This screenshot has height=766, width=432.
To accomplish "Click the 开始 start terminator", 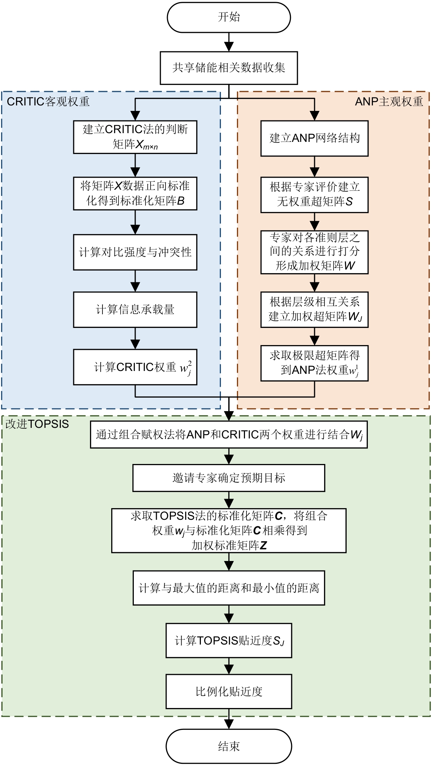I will point(229,17).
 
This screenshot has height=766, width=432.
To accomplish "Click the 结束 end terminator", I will point(229,746).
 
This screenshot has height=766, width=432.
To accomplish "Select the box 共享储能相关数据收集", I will point(229,68).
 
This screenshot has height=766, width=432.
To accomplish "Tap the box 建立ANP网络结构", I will point(314,138).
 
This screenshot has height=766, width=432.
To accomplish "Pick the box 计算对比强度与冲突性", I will point(135,252).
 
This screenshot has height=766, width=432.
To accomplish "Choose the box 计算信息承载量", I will point(135,309).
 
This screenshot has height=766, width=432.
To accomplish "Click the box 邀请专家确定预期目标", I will point(229,478).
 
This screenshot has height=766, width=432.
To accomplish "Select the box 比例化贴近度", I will point(229,691).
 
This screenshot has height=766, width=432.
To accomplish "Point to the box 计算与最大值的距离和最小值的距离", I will point(229,588).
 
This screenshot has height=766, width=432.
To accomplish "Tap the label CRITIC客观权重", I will point(48,101).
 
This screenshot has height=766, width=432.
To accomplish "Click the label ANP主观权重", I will point(389,101).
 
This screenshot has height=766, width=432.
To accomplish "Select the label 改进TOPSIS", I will point(37,424).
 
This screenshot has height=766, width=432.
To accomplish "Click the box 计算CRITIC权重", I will point(135,367).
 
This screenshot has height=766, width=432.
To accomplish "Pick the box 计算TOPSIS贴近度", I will point(229,641).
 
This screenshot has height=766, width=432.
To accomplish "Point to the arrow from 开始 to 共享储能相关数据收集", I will point(229,42).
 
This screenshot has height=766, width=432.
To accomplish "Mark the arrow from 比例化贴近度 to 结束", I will point(229,719).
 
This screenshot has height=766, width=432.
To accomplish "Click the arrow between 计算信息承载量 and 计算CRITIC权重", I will point(135,338).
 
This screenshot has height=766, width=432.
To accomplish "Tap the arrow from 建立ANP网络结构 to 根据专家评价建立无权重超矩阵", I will point(314,167).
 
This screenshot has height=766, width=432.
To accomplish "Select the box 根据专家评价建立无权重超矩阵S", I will point(314,195).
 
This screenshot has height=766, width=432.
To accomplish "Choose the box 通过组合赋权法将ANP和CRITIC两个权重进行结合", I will point(229,434).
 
